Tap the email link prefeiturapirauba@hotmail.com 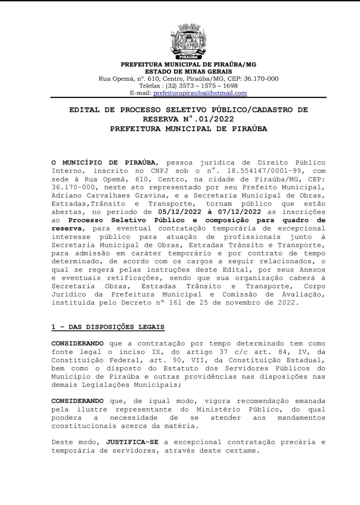coord(200,93)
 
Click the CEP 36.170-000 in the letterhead coord(261,79)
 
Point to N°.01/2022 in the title coord(208,119)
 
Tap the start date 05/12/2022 coord(180,212)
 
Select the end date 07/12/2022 coord(239,212)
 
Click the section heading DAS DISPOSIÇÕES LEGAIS coord(116,327)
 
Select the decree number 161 coord(175,303)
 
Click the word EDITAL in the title coord(84,110)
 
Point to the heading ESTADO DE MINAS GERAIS coord(188,71)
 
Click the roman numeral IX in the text coord(156,352)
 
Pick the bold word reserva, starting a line coord(66,228)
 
